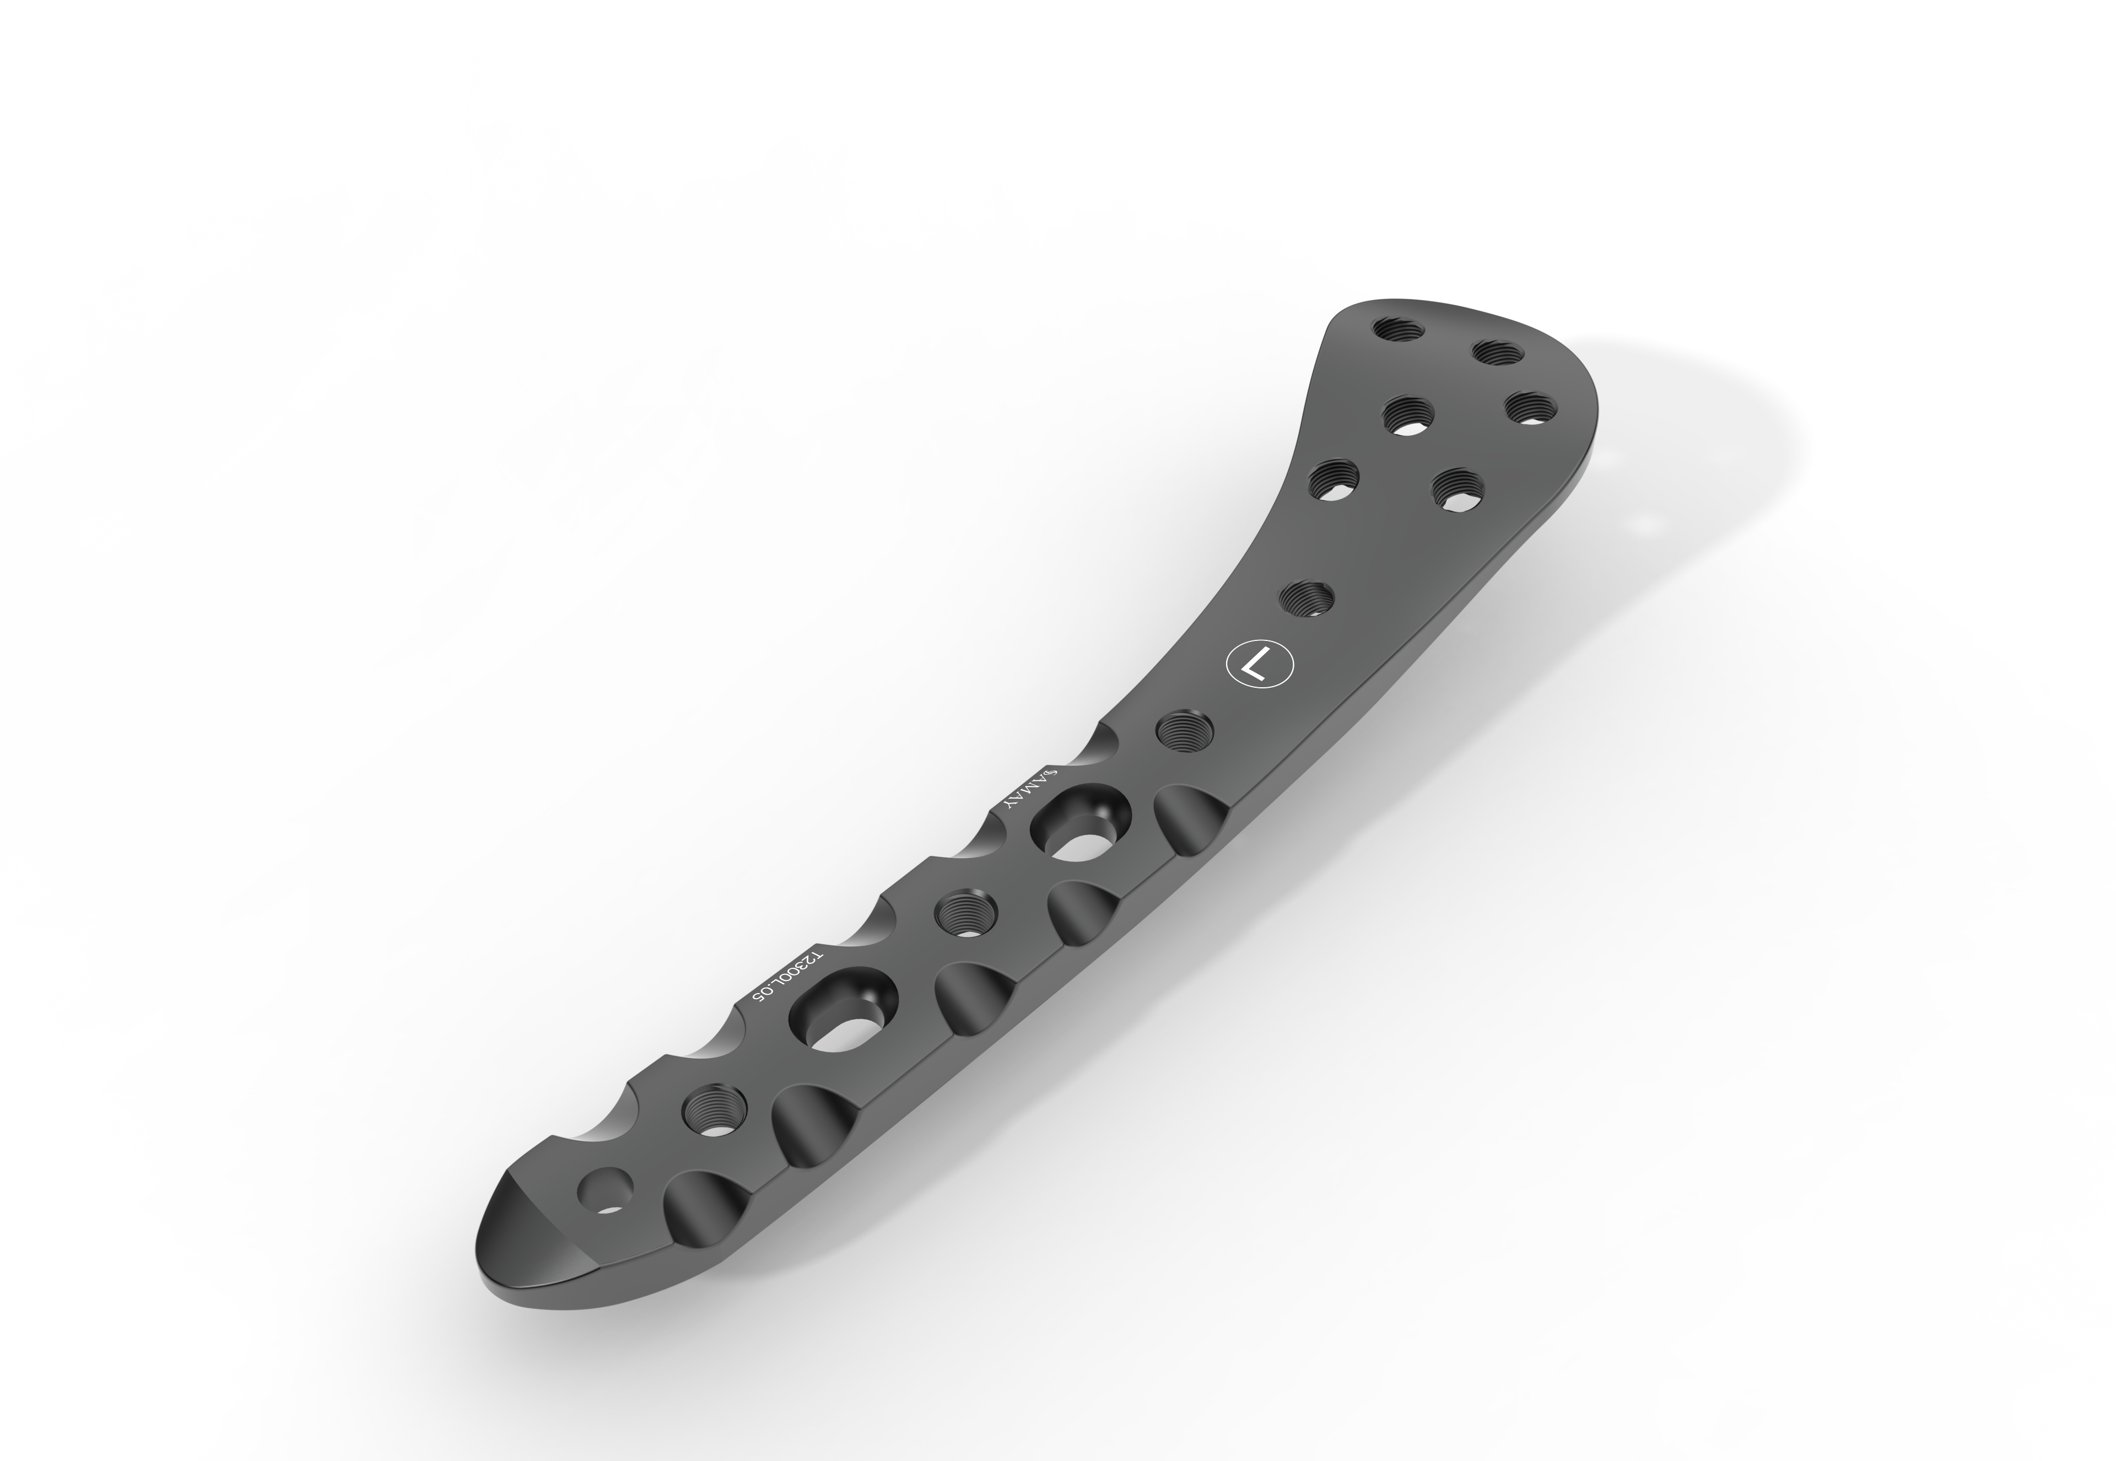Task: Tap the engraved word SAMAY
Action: (x=1032, y=787)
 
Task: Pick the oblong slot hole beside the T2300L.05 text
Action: (x=842, y=1012)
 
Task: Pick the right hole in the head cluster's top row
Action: (x=1497, y=354)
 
